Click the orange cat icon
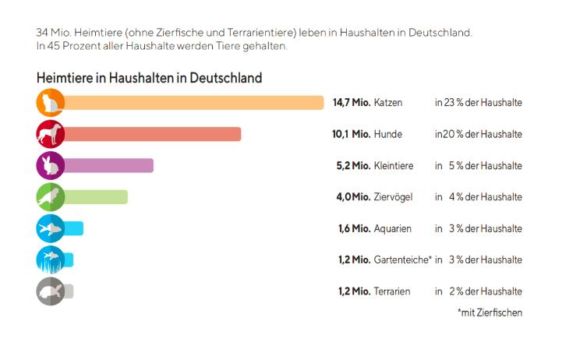click(x=50, y=103)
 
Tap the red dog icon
click(x=50, y=134)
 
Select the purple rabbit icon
click(x=50, y=165)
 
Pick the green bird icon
click(x=50, y=196)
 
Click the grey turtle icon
click(x=50, y=291)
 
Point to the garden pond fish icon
click(x=50, y=259)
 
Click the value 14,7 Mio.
click(x=351, y=103)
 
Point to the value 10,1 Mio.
click(x=351, y=134)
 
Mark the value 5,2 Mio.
click(x=352, y=165)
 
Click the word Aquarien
click(x=393, y=228)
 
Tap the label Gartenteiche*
click(x=403, y=259)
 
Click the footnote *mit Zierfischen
click(x=490, y=312)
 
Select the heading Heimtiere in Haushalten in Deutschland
click(x=148, y=78)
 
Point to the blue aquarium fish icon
click(x=50, y=228)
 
